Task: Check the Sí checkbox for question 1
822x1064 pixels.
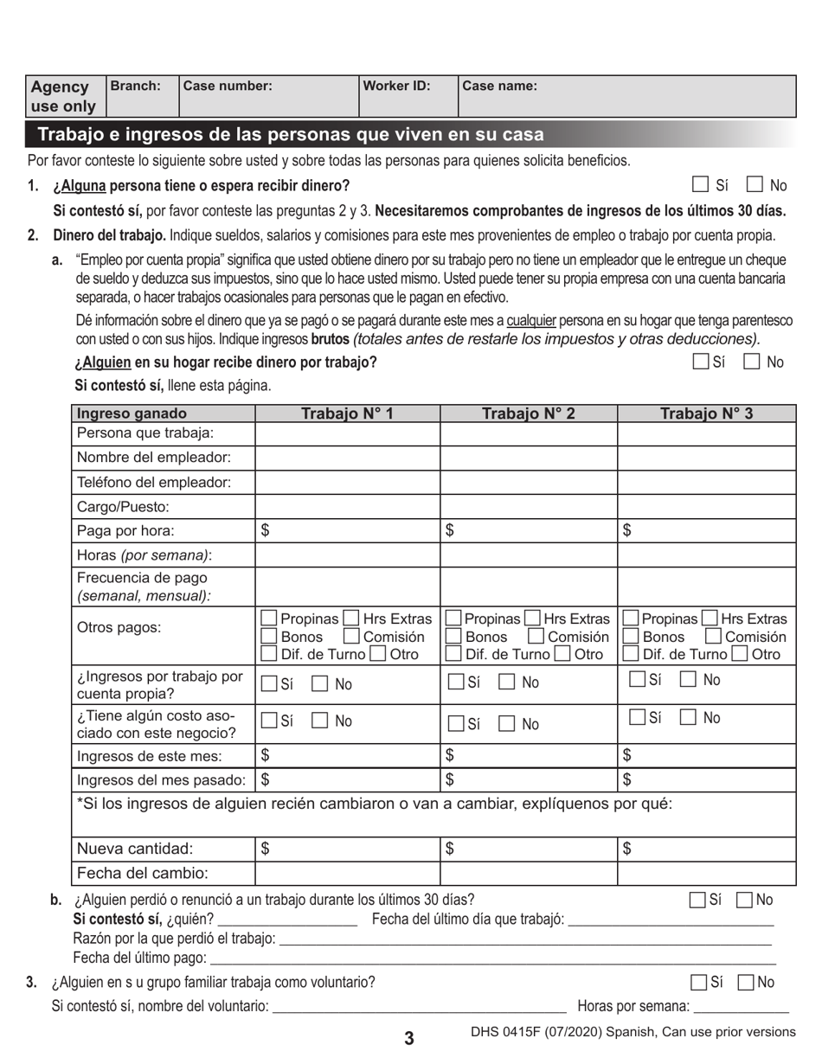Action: [x=700, y=184]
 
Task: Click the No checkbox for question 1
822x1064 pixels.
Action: [x=755, y=184]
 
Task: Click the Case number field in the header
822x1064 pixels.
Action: [x=268, y=96]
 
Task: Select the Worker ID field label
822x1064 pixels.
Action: [x=396, y=86]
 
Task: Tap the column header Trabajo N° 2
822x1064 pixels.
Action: [x=528, y=413]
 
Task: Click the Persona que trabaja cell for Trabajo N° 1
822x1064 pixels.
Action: [x=347, y=433]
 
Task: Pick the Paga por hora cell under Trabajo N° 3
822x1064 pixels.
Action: [x=706, y=531]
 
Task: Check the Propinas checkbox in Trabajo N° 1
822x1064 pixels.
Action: [x=269, y=619]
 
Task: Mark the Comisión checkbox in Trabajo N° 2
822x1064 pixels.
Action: [x=536, y=637]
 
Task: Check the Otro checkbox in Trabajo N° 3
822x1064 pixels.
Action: [x=740, y=655]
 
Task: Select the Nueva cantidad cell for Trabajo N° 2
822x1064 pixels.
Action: [x=528, y=849]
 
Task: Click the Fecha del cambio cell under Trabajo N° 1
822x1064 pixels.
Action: [x=347, y=874]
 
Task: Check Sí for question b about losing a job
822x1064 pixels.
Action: [x=697, y=901]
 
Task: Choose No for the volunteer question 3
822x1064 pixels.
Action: [x=745, y=983]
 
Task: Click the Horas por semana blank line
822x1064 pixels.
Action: [x=741, y=1005]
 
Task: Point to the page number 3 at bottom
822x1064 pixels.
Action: [x=409, y=1039]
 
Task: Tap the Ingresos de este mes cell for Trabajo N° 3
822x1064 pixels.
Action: [x=706, y=756]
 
